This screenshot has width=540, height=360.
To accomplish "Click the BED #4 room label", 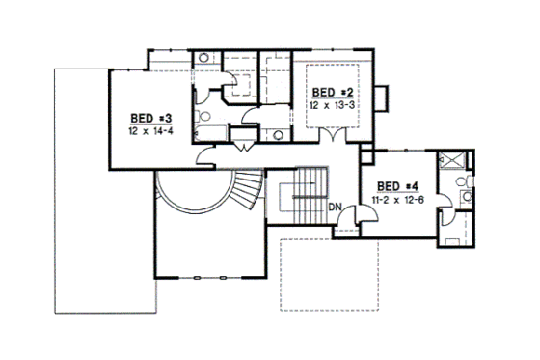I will tap(395, 185).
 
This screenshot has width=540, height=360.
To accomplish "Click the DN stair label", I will tap(335, 208).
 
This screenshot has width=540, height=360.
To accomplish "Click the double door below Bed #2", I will tap(334, 137).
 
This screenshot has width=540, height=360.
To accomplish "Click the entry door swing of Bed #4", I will tap(354, 225).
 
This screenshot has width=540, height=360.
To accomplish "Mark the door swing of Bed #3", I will tap(204, 156).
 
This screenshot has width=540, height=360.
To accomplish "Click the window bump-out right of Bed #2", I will tap(384, 97).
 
